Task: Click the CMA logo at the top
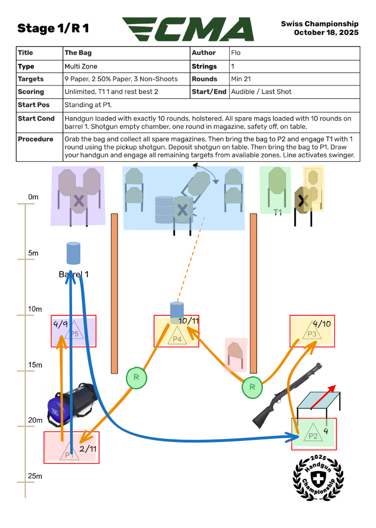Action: (x=188, y=29)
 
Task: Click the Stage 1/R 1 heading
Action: (x=53, y=29)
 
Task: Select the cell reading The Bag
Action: (x=78, y=53)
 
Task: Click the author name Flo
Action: (x=236, y=53)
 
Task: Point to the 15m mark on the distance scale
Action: (x=34, y=365)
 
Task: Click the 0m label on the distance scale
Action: (x=33, y=197)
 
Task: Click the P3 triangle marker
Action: (x=312, y=332)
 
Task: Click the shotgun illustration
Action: (x=286, y=397)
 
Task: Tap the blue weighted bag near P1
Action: (x=72, y=405)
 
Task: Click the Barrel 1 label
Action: (x=74, y=274)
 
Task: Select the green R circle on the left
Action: (x=137, y=378)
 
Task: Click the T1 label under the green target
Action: (x=278, y=212)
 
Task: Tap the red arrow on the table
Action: (x=324, y=396)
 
